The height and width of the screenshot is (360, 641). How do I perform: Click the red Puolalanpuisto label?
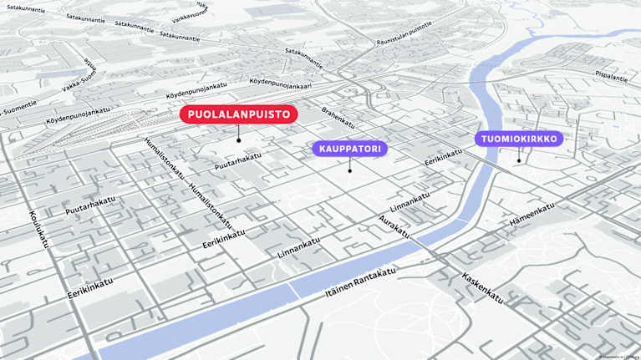(x=238, y=114)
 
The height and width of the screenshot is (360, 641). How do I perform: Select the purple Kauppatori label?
(x=349, y=149)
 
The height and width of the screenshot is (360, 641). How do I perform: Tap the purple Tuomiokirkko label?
(x=519, y=139)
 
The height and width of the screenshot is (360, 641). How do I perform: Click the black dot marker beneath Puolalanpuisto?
(x=238, y=140)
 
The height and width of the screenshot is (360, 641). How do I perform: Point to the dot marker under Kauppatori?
(x=349, y=171)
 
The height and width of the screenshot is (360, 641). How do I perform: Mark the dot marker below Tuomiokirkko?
(x=519, y=160)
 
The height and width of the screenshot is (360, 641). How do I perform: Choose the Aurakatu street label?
(x=394, y=226)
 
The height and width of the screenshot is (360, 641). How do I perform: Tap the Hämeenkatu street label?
(x=532, y=215)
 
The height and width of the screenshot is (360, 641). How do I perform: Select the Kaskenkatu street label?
(x=481, y=286)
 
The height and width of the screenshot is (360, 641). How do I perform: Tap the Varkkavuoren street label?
(x=191, y=16)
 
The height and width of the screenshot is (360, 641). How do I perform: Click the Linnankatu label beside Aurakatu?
(x=410, y=201)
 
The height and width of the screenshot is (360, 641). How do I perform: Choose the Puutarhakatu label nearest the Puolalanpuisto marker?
(x=237, y=164)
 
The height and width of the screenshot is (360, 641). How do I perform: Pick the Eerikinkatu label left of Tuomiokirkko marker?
(x=443, y=156)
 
